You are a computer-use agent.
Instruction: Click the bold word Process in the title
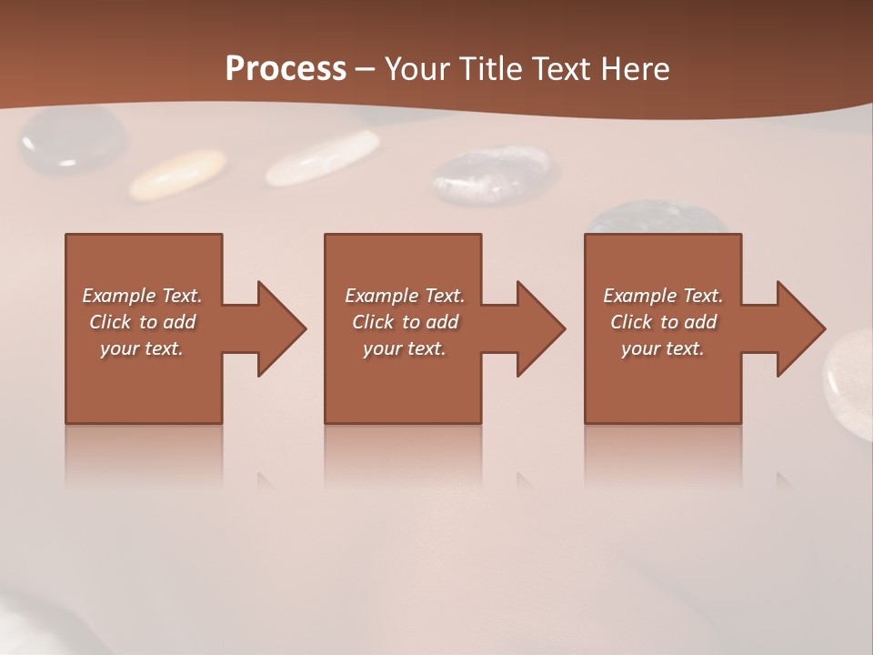pyautogui.click(x=286, y=68)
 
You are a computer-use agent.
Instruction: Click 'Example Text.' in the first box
pyautogui.click(x=142, y=296)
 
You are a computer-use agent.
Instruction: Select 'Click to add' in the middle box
pyautogui.click(x=405, y=322)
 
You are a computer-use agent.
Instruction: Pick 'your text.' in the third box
pyautogui.click(x=663, y=348)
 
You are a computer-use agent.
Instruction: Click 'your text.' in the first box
pyautogui.click(x=142, y=348)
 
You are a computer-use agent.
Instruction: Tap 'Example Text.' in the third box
pyautogui.click(x=663, y=296)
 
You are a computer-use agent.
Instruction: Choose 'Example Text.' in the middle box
pyautogui.click(x=405, y=296)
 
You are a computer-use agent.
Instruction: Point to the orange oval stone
pyautogui.click(x=177, y=174)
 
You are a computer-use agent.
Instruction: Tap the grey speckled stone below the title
pyautogui.click(x=491, y=175)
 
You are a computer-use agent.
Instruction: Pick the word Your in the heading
pyautogui.click(x=416, y=68)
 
